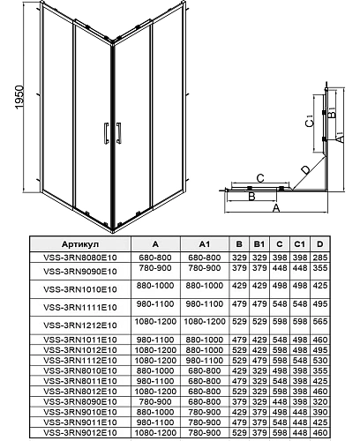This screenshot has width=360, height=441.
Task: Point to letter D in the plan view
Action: tap(304, 169)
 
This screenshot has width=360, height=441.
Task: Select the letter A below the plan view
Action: tap(276, 210)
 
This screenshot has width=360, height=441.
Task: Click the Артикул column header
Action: tap(80, 244)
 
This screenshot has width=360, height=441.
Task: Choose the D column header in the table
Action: tap(319, 244)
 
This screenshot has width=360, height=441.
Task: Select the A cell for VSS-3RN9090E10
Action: tap(155, 269)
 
